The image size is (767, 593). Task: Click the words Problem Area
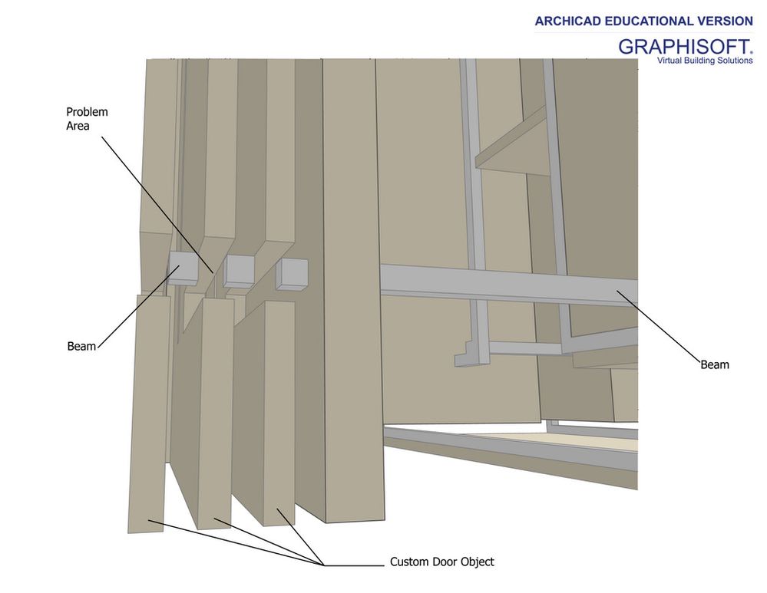point(87,119)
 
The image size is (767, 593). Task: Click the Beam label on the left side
point(81,346)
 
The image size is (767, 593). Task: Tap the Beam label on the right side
point(715,364)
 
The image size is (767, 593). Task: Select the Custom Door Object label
point(441,562)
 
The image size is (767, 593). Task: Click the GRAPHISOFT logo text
point(683,47)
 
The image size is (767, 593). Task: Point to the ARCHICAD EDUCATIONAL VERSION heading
point(643,21)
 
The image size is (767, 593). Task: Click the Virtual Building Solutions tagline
point(704,61)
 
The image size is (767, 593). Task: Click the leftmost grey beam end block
point(183,268)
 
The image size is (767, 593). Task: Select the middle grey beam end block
point(239,272)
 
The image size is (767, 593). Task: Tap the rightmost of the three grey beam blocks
point(293,275)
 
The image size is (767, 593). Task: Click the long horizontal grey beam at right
point(509,285)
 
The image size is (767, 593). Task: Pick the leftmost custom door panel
point(148,413)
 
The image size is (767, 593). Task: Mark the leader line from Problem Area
point(157,205)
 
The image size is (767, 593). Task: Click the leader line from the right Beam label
point(659,326)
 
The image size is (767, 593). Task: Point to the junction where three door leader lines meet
point(324,565)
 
